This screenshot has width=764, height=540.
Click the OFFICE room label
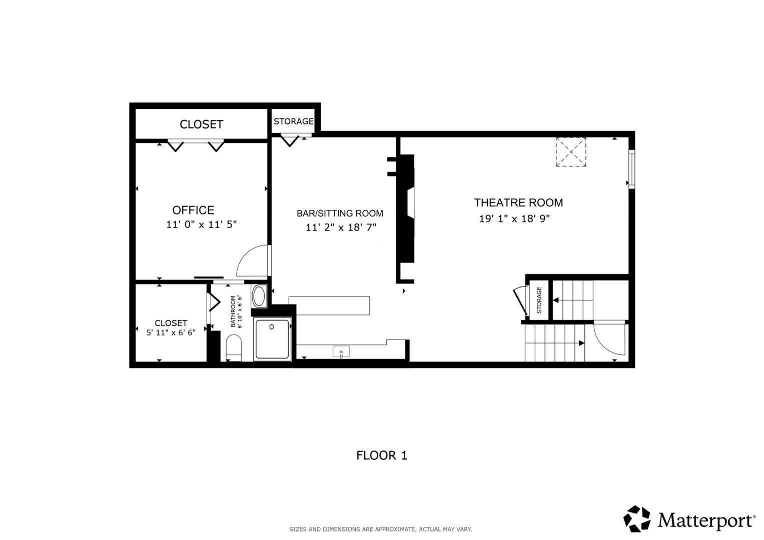click(193, 210)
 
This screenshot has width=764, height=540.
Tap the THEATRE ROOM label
click(518, 202)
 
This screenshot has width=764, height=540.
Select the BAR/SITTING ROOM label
click(340, 213)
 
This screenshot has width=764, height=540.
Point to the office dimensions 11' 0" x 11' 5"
click(201, 224)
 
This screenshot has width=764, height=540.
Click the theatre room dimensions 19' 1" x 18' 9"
click(514, 218)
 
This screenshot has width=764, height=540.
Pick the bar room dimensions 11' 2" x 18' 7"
click(341, 227)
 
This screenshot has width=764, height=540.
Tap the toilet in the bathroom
click(234, 347)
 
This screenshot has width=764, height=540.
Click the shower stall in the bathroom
click(272, 339)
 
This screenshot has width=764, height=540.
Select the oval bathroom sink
click(259, 296)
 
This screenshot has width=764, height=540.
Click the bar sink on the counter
click(341, 351)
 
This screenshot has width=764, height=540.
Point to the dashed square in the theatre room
click(571, 152)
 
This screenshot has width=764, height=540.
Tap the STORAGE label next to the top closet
click(293, 121)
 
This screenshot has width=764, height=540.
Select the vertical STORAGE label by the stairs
click(539, 300)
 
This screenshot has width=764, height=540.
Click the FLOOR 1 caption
click(382, 455)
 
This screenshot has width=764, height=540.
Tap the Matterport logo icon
click(637, 518)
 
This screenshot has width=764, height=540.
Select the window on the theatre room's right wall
click(632, 169)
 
